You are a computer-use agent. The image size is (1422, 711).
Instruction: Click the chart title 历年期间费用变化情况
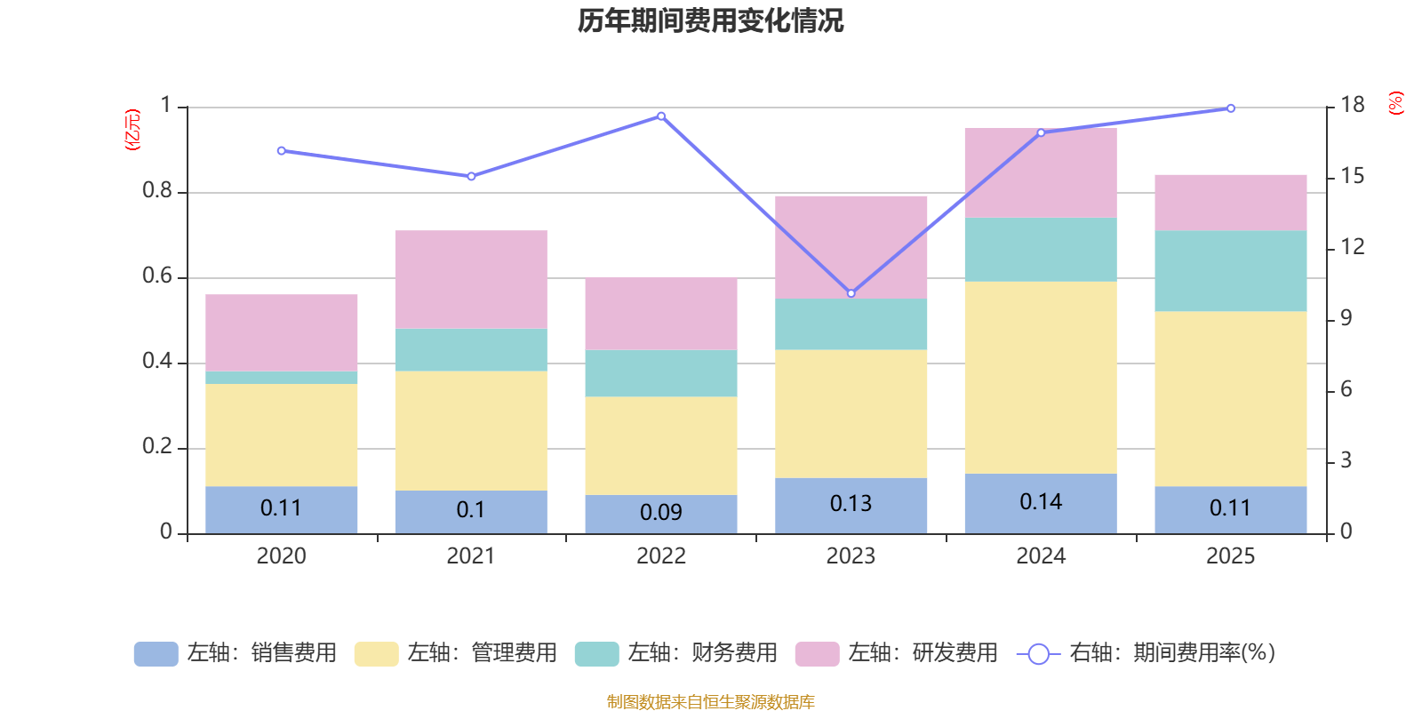(x=710, y=20)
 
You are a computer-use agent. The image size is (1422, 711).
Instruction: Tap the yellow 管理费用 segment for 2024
(x=1041, y=378)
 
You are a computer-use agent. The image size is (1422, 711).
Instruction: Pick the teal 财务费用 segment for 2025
(x=1230, y=271)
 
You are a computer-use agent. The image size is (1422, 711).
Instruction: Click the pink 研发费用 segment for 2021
(x=471, y=279)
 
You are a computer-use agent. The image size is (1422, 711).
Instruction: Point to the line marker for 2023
(x=851, y=293)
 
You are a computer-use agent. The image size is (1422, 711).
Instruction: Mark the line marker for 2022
(x=661, y=116)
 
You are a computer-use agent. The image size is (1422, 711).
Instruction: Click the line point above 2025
(x=1231, y=108)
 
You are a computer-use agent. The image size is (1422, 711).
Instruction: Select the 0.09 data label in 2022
(x=661, y=513)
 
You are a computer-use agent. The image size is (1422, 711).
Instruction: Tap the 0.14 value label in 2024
(x=1041, y=502)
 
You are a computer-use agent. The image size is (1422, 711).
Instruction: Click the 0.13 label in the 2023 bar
(x=851, y=504)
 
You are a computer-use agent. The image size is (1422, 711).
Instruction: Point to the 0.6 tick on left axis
(x=157, y=276)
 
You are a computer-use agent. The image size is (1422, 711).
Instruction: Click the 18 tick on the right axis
(x=1353, y=105)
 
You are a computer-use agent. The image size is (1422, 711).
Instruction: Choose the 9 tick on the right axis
(x=1346, y=318)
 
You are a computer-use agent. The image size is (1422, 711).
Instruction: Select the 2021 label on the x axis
(x=471, y=556)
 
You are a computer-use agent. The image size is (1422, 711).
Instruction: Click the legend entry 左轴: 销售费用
(x=236, y=653)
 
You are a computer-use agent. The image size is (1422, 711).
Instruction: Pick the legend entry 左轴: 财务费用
(x=677, y=653)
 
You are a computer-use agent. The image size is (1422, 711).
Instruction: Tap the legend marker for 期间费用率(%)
(x=1038, y=654)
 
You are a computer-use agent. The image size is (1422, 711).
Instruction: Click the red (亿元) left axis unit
(x=132, y=130)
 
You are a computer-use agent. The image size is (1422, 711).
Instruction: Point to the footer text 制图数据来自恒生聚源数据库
(x=710, y=702)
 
